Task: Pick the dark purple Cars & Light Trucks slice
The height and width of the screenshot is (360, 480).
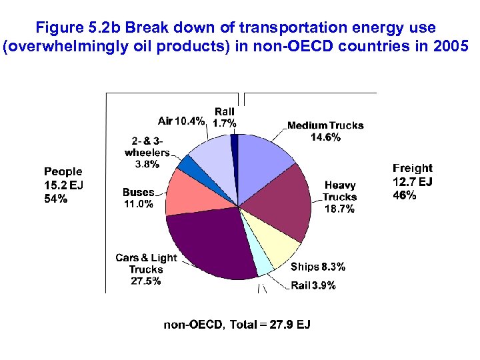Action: [x=210, y=243]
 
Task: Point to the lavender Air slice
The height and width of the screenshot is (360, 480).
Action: [x=211, y=157]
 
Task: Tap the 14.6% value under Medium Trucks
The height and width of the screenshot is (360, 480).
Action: [x=325, y=137]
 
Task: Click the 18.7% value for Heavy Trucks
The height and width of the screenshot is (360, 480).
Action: [x=339, y=209]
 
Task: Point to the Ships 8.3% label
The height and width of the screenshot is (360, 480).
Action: [x=318, y=267]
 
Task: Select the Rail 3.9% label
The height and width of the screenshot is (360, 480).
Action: [x=313, y=286]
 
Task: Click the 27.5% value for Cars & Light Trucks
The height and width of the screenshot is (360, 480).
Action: [x=145, y=281]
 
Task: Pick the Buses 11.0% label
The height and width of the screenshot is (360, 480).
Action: [x=138, y=198]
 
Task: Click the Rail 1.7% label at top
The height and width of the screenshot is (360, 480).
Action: [x=224, y=117]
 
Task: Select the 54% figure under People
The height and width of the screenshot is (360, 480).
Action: [x=55, y=198]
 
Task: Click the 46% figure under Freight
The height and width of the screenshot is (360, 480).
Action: [x=405, y=195]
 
